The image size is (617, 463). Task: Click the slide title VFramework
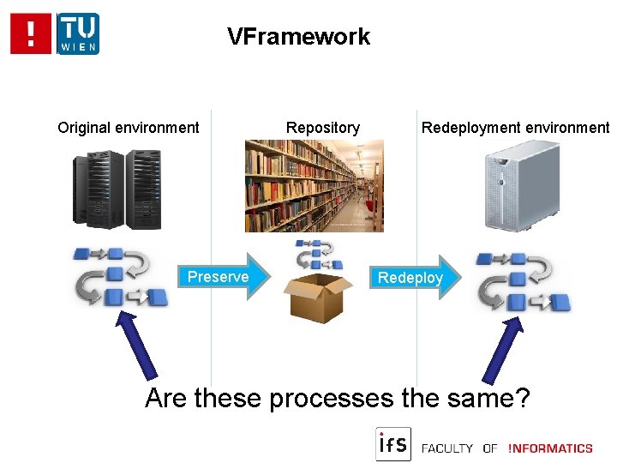[x=298, y=37]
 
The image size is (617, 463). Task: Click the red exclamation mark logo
[x=31, y=33]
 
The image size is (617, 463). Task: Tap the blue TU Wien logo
[x=78, y=33]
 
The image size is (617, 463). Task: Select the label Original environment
[x=129, y=128]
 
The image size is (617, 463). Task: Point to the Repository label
[x=323, y=128]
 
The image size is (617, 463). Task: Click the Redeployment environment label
[x=515, y=128]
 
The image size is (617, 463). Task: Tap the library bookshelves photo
[x=314, y=186]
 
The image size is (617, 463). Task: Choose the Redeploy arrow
[x=413, y=277]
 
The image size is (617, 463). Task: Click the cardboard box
[x=318, y=296]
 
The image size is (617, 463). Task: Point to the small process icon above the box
[x=319, y=255]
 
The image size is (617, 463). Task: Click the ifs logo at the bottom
[x=393, y=444]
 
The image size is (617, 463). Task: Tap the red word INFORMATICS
[x=550, y=448]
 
